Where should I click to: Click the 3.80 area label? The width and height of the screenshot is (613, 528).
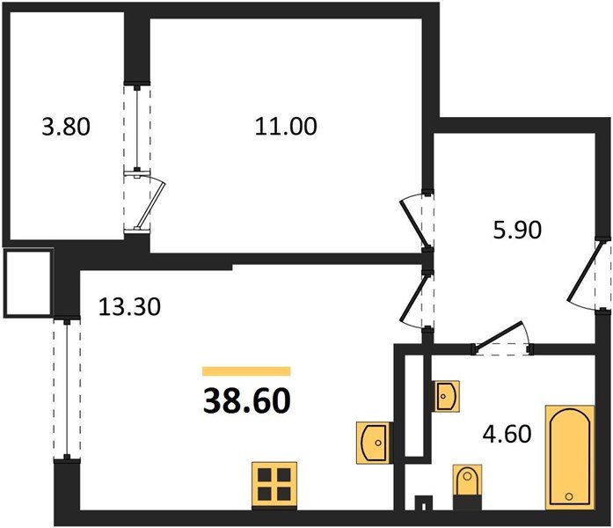[66, 127]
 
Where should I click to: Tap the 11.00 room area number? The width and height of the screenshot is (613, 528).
[286, 127]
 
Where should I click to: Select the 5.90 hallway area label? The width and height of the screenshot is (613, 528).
[517, 230]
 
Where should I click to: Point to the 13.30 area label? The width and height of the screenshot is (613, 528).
[129, 306]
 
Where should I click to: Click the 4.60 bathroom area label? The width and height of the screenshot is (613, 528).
[507, 434]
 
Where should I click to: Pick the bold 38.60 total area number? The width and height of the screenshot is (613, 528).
[246, 401]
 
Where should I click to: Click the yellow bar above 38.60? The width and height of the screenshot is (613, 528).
[246, 370]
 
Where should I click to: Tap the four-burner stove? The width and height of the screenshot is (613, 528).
[274, 486]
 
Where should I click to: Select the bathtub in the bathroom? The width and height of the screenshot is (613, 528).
[570, 458]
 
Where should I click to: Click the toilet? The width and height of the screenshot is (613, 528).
[467, 487]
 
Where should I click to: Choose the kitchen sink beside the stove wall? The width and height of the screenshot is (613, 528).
[373, 443]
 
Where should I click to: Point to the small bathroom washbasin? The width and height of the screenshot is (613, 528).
[446, 396]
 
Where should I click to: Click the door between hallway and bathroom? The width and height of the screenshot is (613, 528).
[502, 339]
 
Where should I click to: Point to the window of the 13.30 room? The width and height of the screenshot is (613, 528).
[67, 390]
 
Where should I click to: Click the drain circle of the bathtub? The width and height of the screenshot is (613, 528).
[569, 496]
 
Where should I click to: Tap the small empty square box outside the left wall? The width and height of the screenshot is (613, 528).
[28, 282]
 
